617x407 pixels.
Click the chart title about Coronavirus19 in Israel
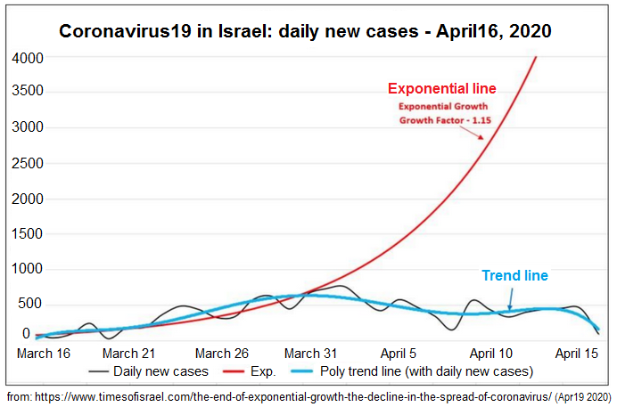pyautogui.click(x=305, y=31)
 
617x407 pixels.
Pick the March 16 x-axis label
pyautogui.click(x=44, y=353)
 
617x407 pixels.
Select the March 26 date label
pyautogui.click(x=222, y=353)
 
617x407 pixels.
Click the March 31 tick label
pyautogui.click(x=312, y=353)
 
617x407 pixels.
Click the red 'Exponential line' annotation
pyautogui.click(x=441, y=89)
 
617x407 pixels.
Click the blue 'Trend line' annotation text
pyautogui.click(x=514, y=276)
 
